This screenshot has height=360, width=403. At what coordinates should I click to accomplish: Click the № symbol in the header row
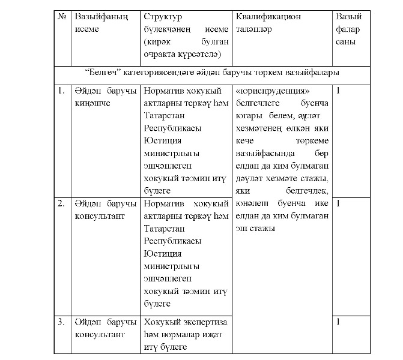click(x=61, y=17)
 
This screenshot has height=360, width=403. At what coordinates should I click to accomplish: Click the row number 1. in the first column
click(x=61, y=91)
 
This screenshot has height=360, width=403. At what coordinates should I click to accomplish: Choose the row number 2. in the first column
click(x=61, y=203)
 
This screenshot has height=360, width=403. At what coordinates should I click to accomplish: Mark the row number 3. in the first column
click(x=61, y=322)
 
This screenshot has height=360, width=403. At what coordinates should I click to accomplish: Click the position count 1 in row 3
click(x=338, y=322)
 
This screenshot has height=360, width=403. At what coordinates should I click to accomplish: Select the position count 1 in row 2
click(x=338, y=203)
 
